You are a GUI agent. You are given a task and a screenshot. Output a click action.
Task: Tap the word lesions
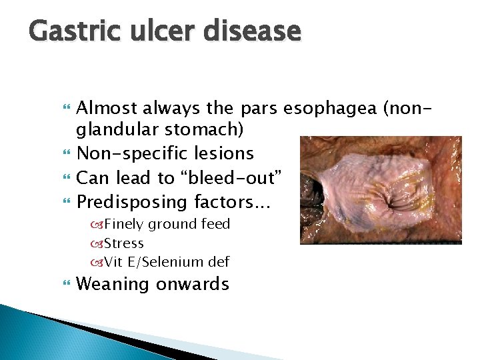click(x=224, y=153)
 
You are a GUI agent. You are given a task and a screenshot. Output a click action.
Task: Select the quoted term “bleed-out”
click(x=232, y=177)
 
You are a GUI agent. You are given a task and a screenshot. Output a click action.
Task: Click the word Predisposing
click(x=132, y=201)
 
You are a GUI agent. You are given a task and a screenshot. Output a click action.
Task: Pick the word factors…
click(x=229, y=201)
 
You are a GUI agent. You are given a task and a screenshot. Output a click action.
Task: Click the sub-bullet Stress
click(x=123, y=243)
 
